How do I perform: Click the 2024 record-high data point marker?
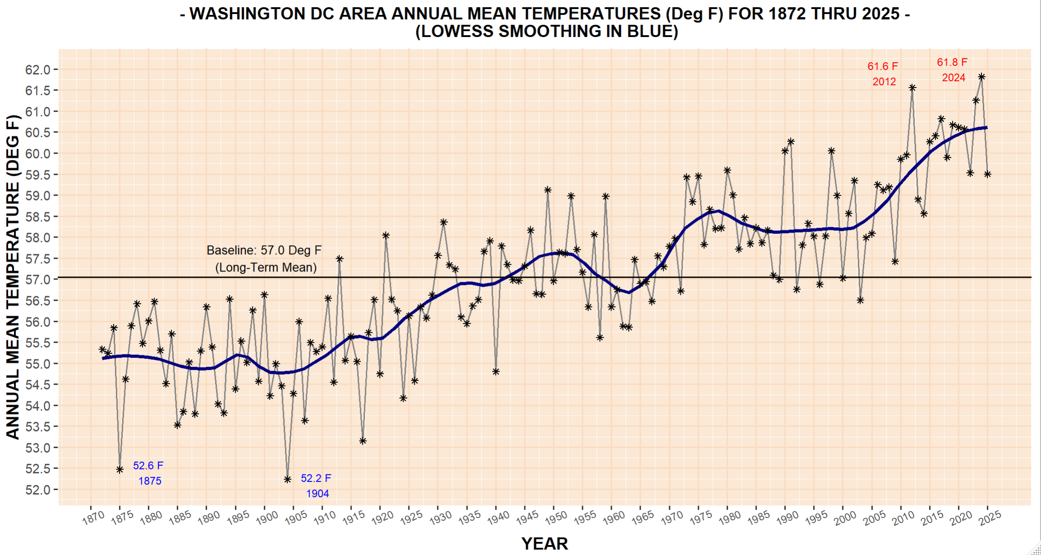pyautogui.click(x=981, y=77)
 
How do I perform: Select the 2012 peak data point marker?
pyautogui.click(x=912, y=88)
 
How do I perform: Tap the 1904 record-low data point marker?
pyautogui.click(x=288, y=480)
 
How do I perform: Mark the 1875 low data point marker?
pyautogui.click(x=119, y=470)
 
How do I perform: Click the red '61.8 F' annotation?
pyautogui.click(x=952, y=62)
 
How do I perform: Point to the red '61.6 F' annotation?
pyautogui.click(x=883, y=66)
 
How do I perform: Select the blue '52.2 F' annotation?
pyautogui.click(x=316, y=478)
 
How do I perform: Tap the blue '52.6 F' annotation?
pyautogui.click(x=148, y=466)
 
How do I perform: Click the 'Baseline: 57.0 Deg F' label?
pyautogui.click(x=264, y=250)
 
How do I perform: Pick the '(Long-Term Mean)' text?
pyautogui.click(x=266, y=268)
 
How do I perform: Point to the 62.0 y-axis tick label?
pyautogui.click(x=38, y=70)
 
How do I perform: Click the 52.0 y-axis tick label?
pyautogui.click(x=38, y=490)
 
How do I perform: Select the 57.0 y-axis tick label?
pyautogui.click(x=38, y=280)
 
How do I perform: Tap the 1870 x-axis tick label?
pyautogui.click(x=93, y=518)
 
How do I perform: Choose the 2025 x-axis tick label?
pyautogui.click(x=990, y=518)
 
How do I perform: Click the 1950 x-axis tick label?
pyautogui.click(x=556, y=518)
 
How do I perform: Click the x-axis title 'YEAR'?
pyautogui.click(x=545, y=544)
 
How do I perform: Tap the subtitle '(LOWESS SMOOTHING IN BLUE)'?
pyautogui.click(x=546, y=32)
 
